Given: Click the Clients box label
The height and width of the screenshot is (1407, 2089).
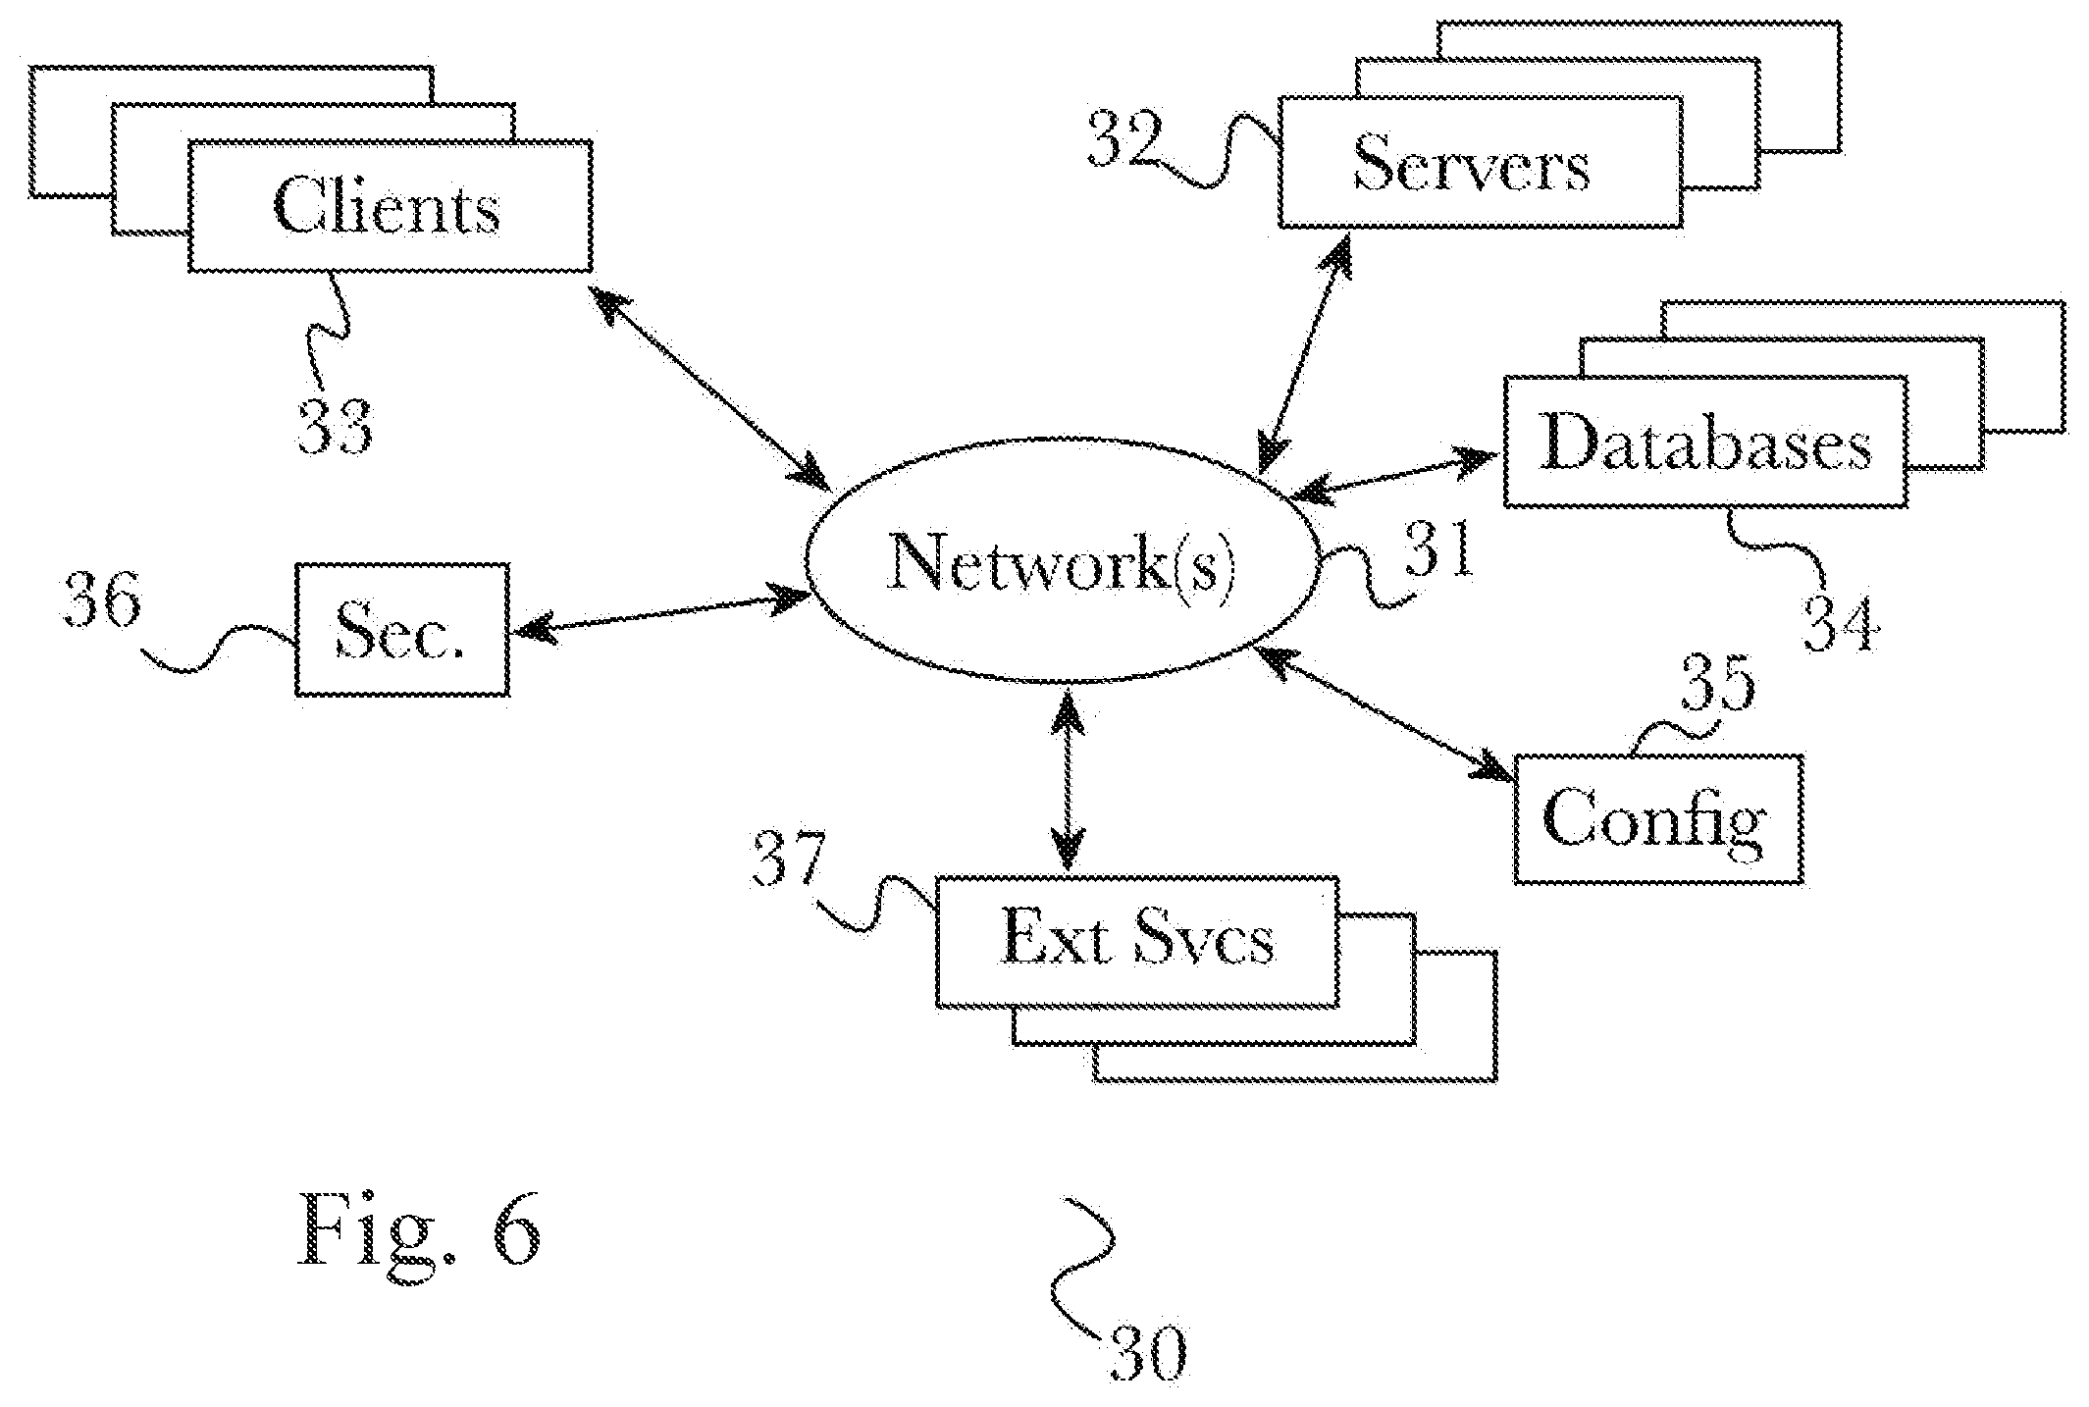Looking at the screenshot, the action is click(388, 208).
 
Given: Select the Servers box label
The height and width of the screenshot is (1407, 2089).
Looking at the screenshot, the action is click(1472, 164).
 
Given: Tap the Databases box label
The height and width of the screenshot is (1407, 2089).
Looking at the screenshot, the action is click(1705, 443).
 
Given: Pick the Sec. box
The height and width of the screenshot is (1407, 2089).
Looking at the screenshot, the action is click(402, 630).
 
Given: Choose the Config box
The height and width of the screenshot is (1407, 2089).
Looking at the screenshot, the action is click(1659, 819).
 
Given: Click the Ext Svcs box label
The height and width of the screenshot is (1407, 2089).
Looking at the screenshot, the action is click(1137, 939).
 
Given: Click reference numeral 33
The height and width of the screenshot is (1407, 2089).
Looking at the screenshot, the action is click(336, 428).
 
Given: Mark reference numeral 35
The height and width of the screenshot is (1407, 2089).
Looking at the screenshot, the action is click(1717, 683).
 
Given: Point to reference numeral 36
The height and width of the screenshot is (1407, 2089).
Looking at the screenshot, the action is click(101, 600).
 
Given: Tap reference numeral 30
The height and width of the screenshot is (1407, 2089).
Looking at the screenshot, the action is click(1148, 1355).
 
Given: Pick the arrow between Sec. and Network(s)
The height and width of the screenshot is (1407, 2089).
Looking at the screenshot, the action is click(662, 613).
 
